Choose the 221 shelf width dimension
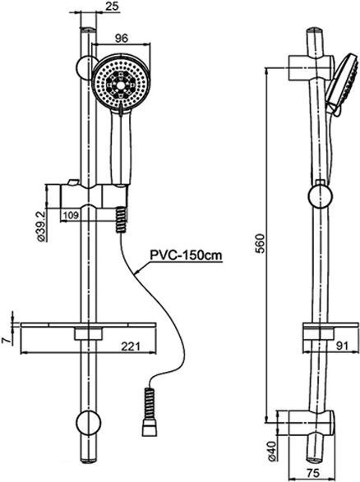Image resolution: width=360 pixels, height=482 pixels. (x=143, y=347)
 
